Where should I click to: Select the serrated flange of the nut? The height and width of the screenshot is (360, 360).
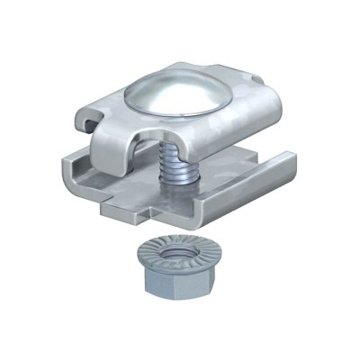[144, 261]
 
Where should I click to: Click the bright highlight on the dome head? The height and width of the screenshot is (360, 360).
[162, 90]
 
